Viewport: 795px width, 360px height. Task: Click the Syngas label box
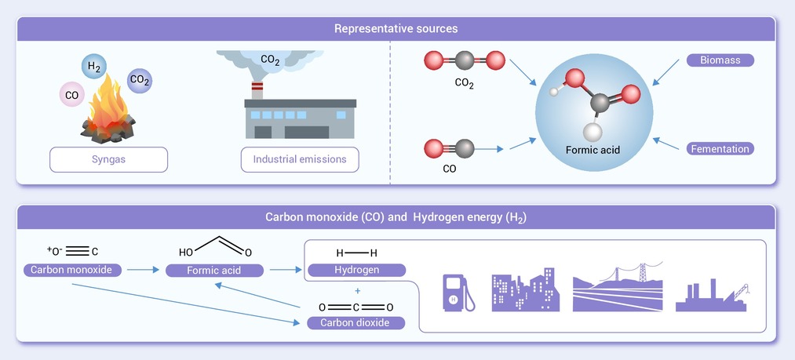(x=109, y=159)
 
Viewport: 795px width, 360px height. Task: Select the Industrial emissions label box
(x=299, y=159)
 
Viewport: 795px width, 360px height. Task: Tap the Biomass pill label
(x=720, y=60)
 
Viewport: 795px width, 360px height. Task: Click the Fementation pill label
(x=720, y=148)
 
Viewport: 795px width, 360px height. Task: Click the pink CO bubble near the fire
(x=72, y=95)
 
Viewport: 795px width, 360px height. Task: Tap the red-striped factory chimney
(x=257, y=87)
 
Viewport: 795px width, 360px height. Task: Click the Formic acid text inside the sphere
(x=593, y=148)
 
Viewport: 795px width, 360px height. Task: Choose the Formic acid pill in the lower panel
(x=214, y=271)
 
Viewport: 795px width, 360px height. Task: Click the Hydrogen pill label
(x=357, y=270)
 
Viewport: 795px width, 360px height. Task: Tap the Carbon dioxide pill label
(x=357, y=322)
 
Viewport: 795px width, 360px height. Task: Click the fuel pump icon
(x=458, y=293)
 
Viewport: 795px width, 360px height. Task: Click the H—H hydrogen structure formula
(x=357, y=253)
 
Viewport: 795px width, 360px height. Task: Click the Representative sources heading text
(x=396, y=29)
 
